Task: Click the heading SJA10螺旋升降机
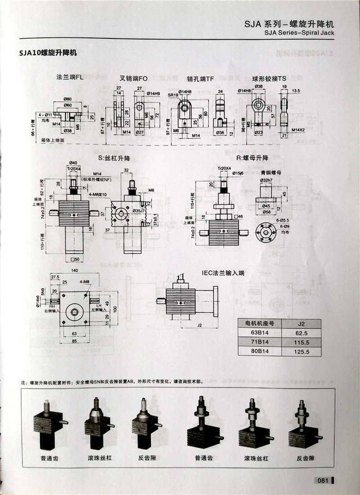point(48,53)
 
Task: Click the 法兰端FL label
point(70,77)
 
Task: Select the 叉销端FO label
point(134,77)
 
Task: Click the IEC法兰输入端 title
point(223,272)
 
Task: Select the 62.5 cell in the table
point(301,333)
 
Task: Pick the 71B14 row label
point(256,342)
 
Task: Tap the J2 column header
point(301,323)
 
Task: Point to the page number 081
point(324,480)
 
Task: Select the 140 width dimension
point(75,270)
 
